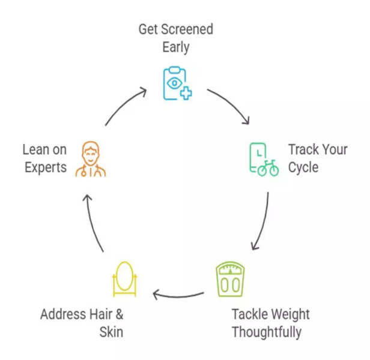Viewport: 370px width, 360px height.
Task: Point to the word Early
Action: coord(177,47)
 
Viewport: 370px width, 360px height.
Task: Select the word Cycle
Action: coord(305,167)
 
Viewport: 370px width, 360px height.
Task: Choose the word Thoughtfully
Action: coord(266,331)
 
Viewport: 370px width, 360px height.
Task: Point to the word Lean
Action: coord(36,149)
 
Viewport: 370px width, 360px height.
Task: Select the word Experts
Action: coord(46,167)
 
